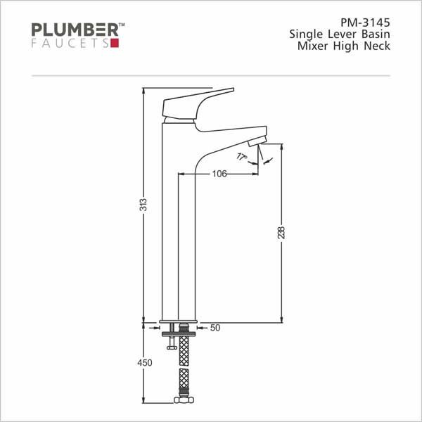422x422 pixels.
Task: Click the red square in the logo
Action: click(115, 44)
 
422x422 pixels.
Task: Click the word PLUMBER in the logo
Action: click(75, 30)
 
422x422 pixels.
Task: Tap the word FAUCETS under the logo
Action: click(70, 44)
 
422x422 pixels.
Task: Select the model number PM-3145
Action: click(365, 23)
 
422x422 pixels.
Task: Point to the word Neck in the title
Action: click(377, 46)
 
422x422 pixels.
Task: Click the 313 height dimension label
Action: click(144, 205)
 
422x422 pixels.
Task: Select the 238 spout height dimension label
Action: click(281, 233)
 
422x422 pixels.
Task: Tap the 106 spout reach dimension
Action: click(219, 174)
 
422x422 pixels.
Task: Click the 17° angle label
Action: click(241, 157)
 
